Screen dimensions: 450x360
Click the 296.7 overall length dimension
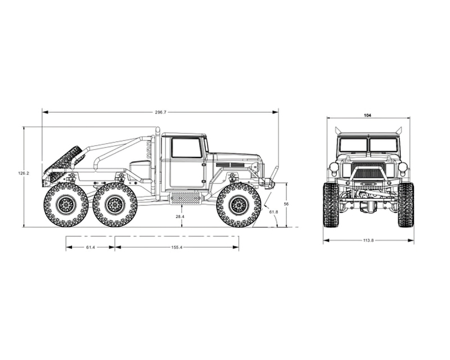click(x=160, y=112)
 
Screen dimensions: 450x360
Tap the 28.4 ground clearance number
click(x=180, y=217)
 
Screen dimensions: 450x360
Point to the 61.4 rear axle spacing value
click(x=90, y=247)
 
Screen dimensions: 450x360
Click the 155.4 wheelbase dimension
click(x=177, y=247)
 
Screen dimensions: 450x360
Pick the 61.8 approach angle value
click(x=273, y=212)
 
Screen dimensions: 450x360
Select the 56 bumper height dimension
click(x=286, y=204)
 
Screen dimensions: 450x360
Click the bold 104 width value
click(x=367, y=115)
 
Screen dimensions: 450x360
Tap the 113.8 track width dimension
click(x=368, y=241)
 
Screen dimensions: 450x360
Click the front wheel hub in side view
click(x=238, y=204)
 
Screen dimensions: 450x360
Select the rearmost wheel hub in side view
click(x=66, y=204)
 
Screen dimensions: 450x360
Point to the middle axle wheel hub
click(x=115, y=204)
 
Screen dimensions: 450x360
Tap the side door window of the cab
click(x=186, y=147)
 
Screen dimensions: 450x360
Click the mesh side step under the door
click(x=185, y=198)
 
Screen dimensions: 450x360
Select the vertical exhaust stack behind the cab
click(x=157, y=164)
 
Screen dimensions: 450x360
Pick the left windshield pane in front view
click(x=353, y=145)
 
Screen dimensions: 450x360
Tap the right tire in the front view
click(x=406, y=205)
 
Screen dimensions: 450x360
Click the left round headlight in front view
click(x=334, y=166)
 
